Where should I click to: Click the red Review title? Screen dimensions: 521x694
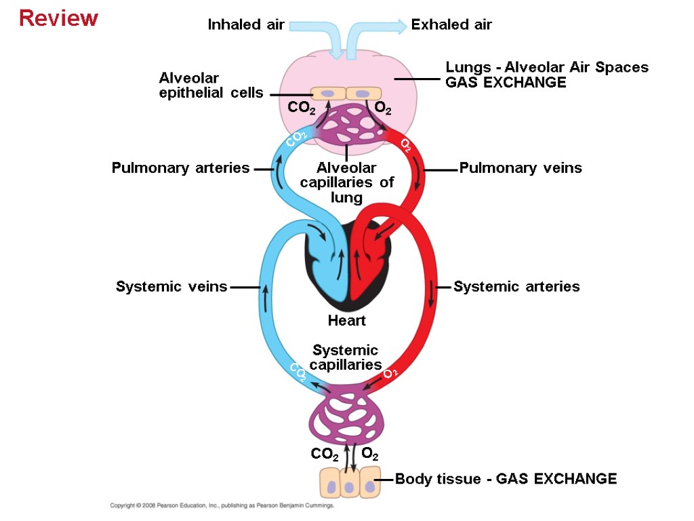(59, 18)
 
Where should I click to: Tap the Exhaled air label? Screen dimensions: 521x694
(451, 25)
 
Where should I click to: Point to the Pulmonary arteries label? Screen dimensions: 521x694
(181, 168)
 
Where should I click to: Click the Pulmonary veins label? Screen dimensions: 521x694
(520, 168)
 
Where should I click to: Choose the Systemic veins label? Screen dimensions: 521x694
(171, 287)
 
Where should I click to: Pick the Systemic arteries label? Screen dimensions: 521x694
(516, 287)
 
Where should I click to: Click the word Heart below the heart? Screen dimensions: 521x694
(346, 320)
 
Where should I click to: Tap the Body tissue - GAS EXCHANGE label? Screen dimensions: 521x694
(506, 479)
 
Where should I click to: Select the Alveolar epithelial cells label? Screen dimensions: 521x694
(211, 85)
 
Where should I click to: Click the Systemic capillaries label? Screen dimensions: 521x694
(346, 358)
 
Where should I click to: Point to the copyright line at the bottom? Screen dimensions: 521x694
(223, 506)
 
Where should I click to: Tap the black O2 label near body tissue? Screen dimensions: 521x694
(370, 453)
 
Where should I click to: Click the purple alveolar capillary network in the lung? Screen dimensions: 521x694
(346, 126)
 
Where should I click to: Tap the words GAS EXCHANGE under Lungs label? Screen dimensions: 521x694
(506, 83)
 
